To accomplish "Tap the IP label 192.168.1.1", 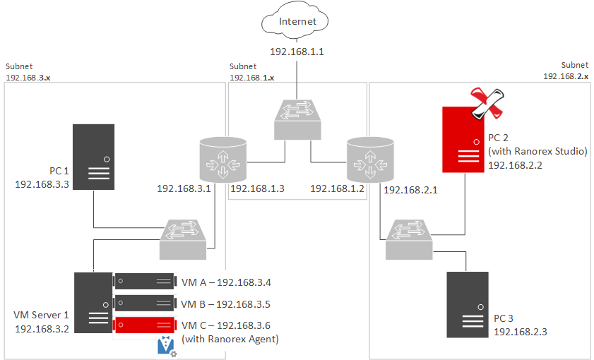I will tap(297, 52).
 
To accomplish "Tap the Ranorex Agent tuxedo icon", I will tap(166, 346).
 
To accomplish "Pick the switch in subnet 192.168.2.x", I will tap(410, 238).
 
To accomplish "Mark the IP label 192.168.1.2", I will tap(337, 188).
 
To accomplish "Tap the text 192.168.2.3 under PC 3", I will tap(520, 331).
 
